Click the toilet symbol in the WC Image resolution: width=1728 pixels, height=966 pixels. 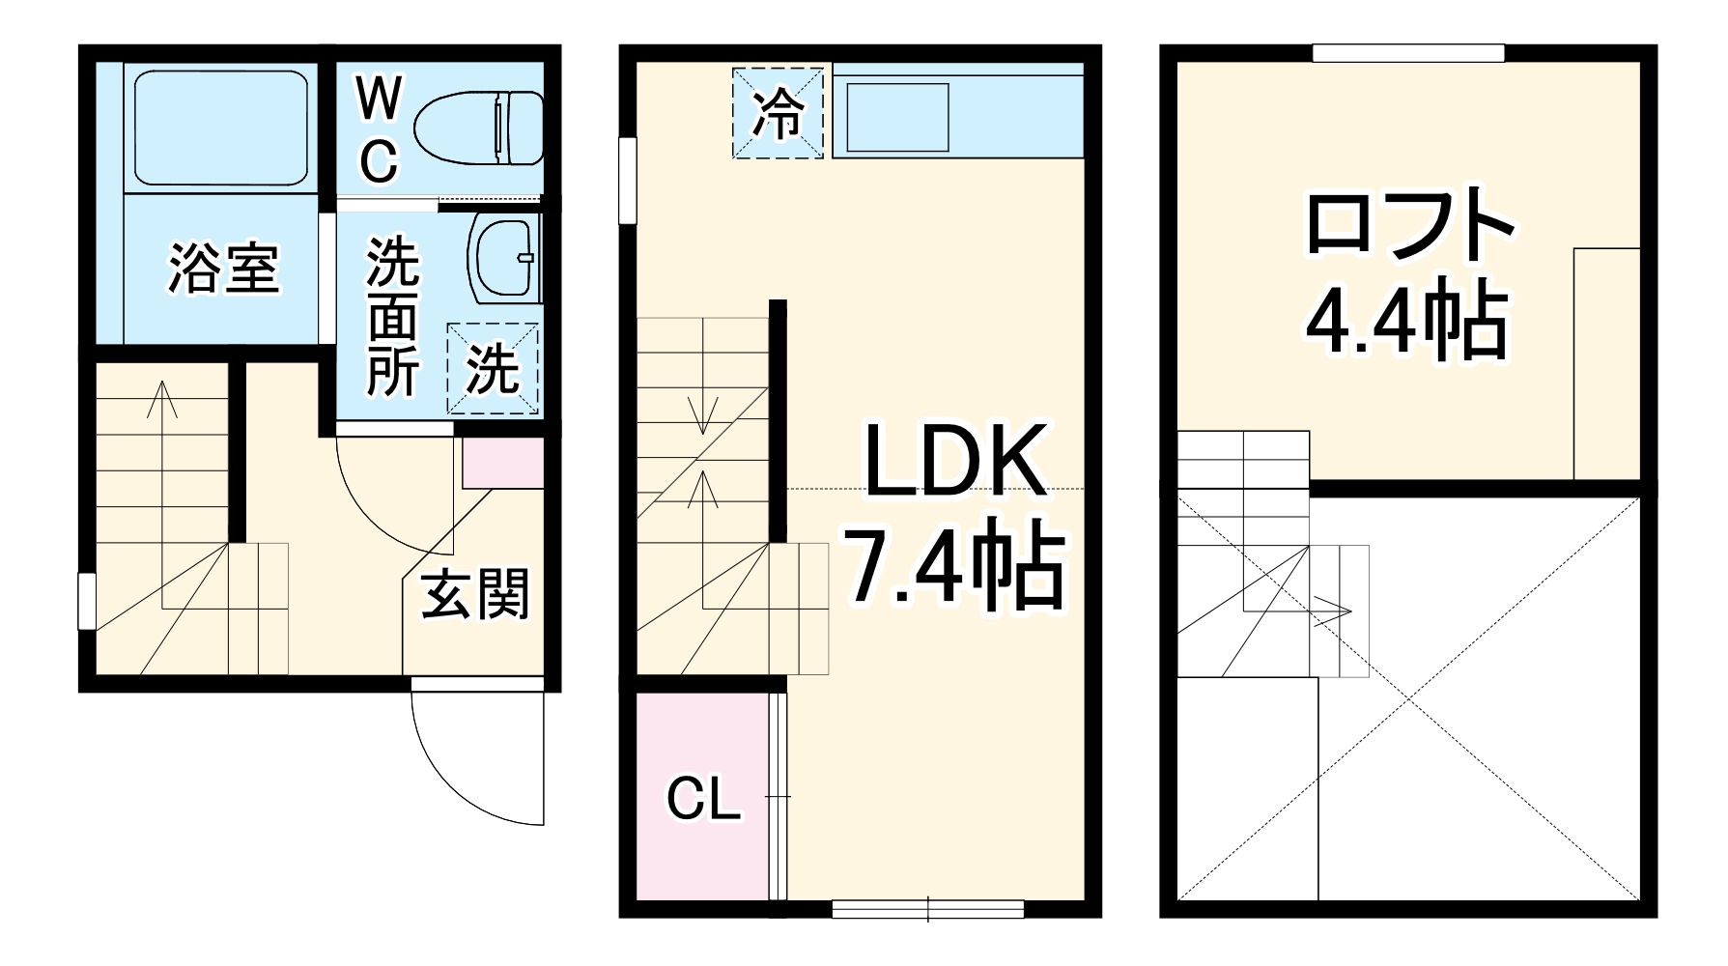tap(479, 128)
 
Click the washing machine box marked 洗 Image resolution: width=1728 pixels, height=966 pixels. tap(492, 368)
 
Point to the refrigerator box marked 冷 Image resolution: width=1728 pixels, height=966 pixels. tap(779, 112)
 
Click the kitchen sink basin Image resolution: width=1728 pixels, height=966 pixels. tap(898, 115)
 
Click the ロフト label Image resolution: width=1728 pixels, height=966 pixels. tap(1408, 224)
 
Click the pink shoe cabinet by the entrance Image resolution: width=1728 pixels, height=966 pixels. tap(502, 463)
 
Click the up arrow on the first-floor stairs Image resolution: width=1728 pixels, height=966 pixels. tap(162, 398)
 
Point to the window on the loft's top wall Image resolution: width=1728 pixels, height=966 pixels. tap(1408, 53)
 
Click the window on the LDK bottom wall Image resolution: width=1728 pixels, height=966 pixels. tap(927, 908)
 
